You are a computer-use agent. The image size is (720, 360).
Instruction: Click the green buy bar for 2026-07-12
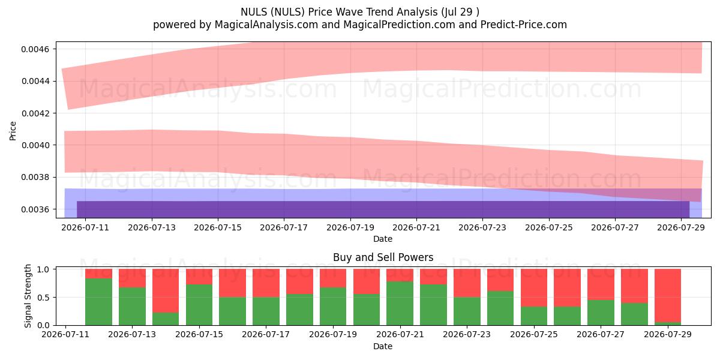98,302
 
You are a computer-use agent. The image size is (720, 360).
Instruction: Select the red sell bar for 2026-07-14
166,290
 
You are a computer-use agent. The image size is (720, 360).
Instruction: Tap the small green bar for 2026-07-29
668,323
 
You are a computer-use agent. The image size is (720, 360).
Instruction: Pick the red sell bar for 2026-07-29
668,295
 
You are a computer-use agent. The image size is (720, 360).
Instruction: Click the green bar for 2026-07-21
400,304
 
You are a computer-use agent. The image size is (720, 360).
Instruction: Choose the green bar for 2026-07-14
166,319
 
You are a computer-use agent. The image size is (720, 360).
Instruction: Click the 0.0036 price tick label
35,209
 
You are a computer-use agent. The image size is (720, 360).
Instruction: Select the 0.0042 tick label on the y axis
35,113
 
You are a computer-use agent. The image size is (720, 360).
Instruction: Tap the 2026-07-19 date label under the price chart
350,227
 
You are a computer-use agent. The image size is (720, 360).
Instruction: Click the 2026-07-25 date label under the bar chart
534,334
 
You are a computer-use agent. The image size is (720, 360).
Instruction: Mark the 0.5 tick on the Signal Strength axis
43,298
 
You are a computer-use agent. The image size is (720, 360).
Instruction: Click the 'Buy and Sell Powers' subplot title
383,257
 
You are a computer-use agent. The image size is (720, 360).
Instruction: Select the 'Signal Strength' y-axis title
28,296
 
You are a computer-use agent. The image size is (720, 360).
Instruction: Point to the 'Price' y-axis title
13,131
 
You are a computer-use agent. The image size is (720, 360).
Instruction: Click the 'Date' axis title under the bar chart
383,346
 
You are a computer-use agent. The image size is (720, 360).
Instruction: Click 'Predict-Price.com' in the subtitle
524,25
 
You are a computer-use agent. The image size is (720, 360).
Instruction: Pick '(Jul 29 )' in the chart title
460,12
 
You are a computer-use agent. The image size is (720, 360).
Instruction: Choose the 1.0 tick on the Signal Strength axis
43,269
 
